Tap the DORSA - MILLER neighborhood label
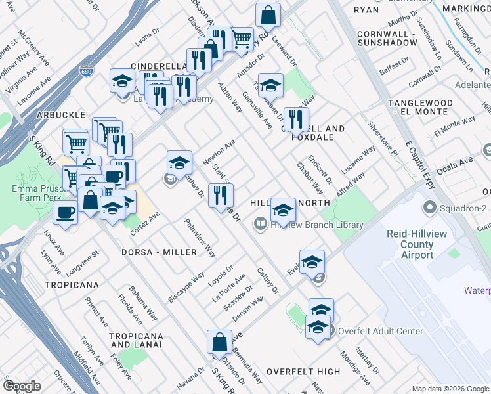click(x=158, y=252)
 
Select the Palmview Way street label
click(x=200, y=238)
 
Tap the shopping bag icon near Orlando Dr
click(x=219, y=342)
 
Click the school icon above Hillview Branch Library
click(x=282, y=209)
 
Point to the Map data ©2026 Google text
click(x=450, y=389)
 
